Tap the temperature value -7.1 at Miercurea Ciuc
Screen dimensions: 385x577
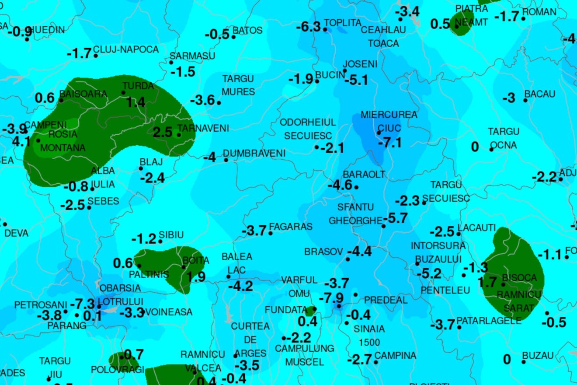pyautogui.click(x=390, y=142)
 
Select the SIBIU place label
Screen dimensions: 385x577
pyautogui.click(x=171, y=235)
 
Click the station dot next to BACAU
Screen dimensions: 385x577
pyautogui.click(x=525, y=100)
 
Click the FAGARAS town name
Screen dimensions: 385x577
pyautogui.click(x=291, y=227)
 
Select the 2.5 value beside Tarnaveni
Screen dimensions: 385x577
pyautogui.click(x=162, y=132)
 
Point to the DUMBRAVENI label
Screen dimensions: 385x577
pyautogui.click(x=254, y=153)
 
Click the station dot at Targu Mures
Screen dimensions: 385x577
pyautogui.click(x=219, y=103)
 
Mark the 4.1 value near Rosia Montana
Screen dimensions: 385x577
pyautogui.click(x=21, y=142)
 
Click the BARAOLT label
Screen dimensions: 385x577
pyautogui.click(x=364, y=174)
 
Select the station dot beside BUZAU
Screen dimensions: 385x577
pyautogui.click(x=524, y=361)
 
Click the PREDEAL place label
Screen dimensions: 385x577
pyautogui.click(x=386, y=300)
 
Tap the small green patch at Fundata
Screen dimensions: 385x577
pyautogui.click(x=310, y=311)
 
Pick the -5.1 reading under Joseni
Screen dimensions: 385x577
pyautogui.click(x=356, y=80)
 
